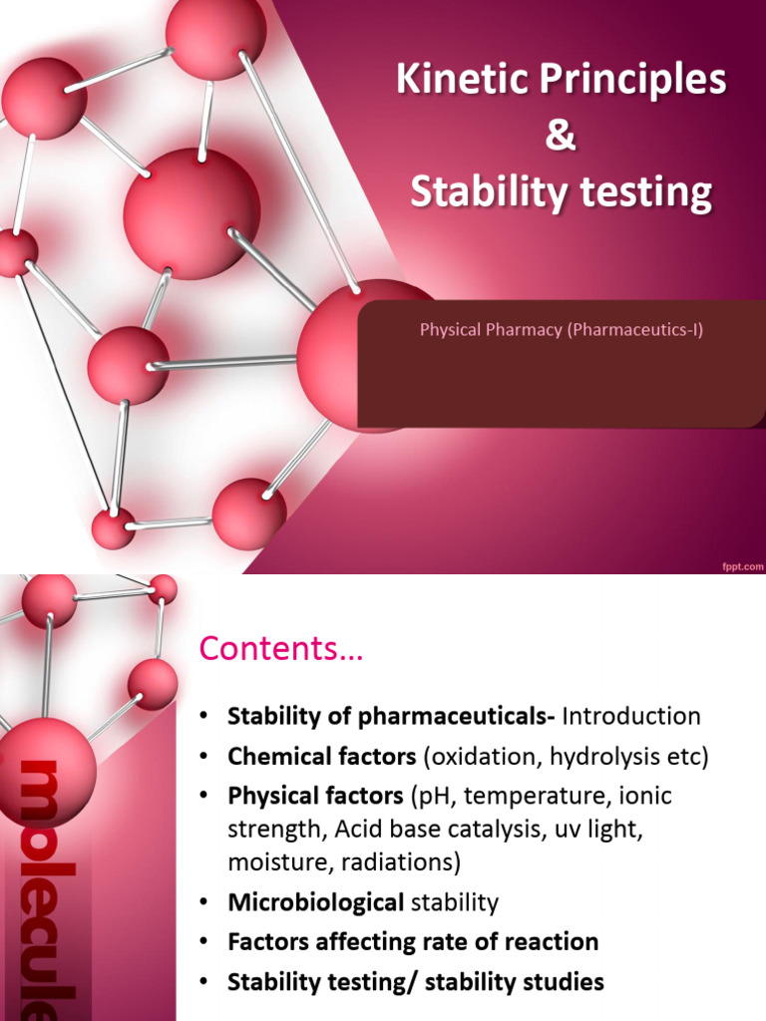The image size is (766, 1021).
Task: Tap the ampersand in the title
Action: click(562, 137)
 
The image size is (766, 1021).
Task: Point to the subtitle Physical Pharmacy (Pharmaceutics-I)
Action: click(562, 329)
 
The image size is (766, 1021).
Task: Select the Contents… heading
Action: click(282, 650)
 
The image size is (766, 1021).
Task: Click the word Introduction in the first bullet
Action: click(631, 716)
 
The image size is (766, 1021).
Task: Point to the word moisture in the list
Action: click(269, 860)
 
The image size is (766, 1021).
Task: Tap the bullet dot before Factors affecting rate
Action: click(204, 942)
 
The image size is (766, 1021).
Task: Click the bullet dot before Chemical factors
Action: click(204, 757)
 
